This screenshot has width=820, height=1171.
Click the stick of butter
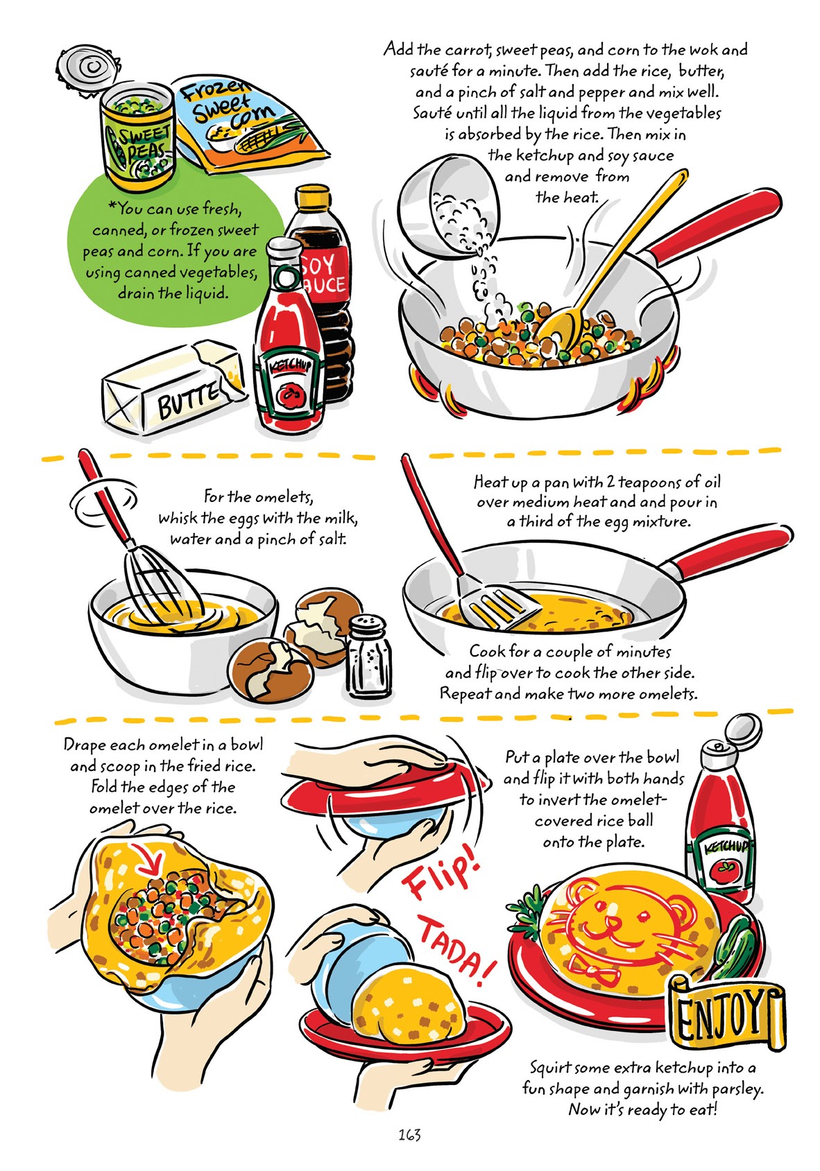coord(173,388)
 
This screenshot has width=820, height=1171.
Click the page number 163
coord(409,1134)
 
